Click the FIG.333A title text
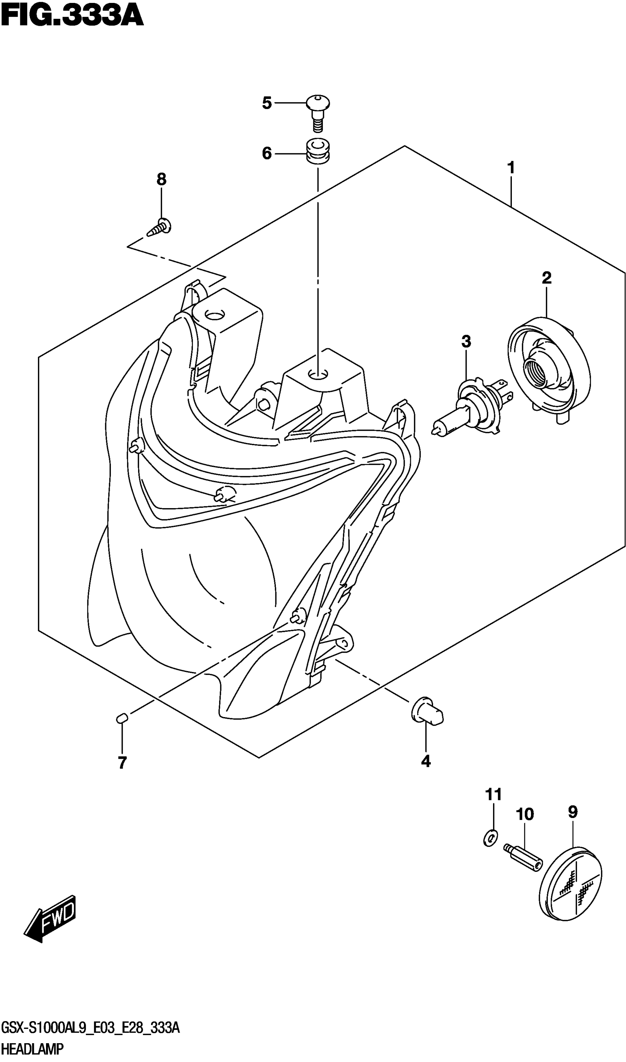click(x=72, y=17)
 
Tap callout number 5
click(x=267, y=103)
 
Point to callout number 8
click(x=161, y=180)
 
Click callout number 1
click(x=511, y=168)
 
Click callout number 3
click(x=466, y=342)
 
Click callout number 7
click(x=122, y=763)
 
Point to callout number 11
click(x=493, y=794)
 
